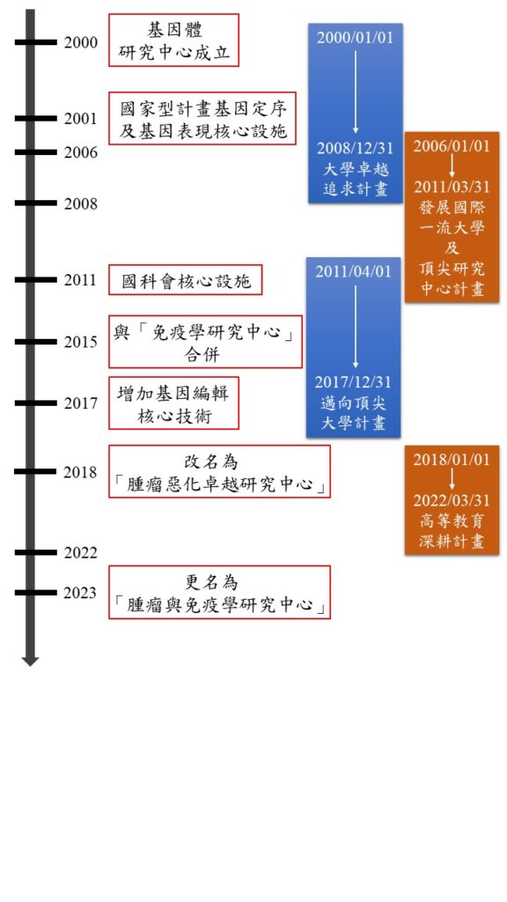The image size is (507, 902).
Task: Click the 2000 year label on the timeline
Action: point(80,42)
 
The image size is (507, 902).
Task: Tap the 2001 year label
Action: point(80,119)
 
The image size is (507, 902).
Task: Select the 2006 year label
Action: point(80,152)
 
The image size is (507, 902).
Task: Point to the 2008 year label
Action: point(80,203)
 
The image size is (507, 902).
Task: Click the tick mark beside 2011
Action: point(35,280)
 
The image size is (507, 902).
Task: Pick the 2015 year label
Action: point(80,343)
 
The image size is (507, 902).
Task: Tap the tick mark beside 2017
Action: point(35,403)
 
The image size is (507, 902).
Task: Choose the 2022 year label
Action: point(80,553)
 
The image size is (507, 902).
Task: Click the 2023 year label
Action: point(80,593)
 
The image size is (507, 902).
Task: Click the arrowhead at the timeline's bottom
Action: point(31,661)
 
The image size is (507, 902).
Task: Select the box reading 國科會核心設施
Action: point(186,280)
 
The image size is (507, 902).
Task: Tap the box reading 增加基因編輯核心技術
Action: point(173,403)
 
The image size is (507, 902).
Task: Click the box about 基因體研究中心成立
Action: point(173,41)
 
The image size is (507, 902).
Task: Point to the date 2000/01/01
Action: point(356,38)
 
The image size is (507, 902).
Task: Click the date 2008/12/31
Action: point(356,148)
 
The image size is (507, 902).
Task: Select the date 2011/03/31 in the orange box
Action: point(452,187)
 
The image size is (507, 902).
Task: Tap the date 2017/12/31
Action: point(353,382)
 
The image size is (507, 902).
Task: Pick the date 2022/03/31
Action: point(452,500)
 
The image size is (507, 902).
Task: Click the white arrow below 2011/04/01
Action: point(356,327)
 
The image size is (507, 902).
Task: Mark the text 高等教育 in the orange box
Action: point(452,521)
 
